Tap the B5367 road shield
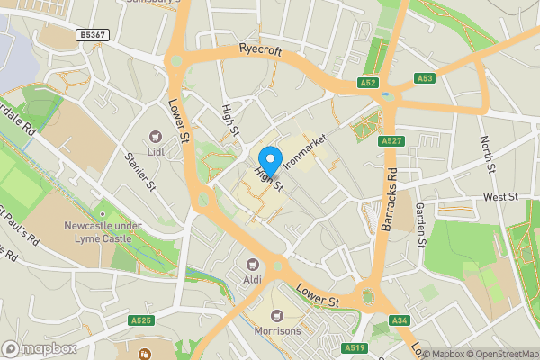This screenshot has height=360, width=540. [x=92, y=35]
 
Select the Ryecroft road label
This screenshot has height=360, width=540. [x=261, y=51]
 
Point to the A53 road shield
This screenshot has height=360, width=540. [x=427, y=79]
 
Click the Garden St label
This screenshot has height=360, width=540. [x=421, y=221]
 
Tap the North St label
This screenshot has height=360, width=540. [x=487, y=155]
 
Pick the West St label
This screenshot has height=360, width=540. [x=500, y=196]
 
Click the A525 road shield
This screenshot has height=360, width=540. [x=140, y=320]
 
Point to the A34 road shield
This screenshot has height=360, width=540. [x=400, y=320]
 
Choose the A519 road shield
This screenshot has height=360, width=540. [x=354, y=346]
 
